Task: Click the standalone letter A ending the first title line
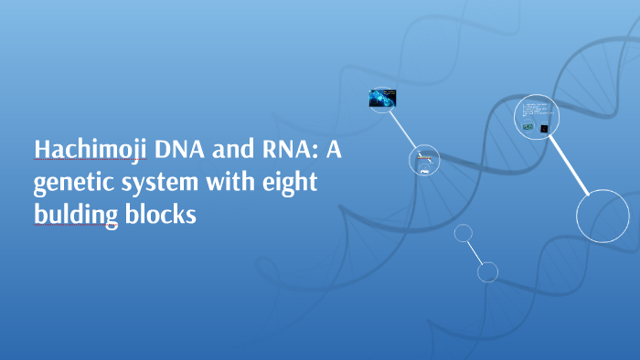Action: [x=332, y=150]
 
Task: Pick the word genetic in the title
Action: [x=74, y=185]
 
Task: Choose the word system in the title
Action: [x=160, y=185]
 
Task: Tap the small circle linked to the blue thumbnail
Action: [x=424, y=160]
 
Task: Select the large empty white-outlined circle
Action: [x=603, y=216]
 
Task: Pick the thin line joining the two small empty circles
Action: [x=475, y=252]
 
